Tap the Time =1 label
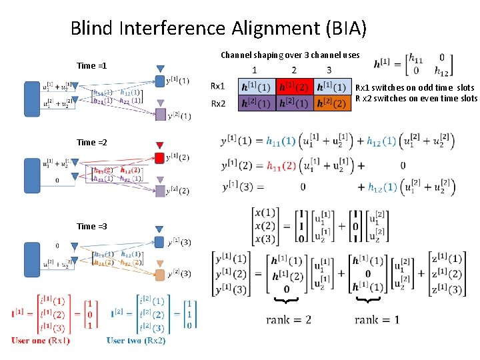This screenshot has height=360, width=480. pyautogui.click(x=91, y=66)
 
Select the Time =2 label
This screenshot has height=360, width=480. pyautogui.click(x=91, y=143)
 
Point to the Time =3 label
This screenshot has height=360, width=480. pyautogui.click(x=91, y=227)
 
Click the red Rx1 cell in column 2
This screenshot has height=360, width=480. pyautogui.click(x=294, y=87)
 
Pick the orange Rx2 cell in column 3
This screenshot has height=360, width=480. pyautogui.click(x=330, y=103)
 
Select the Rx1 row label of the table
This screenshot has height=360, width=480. pyautogui.click(x=217, y=87)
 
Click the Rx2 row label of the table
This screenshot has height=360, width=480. pyautogui.click(x=217, y=103)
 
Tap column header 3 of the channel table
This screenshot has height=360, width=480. pyautogui.click(x=329, y=70)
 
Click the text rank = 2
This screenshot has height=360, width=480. pyautogui.click(x=288, y=320)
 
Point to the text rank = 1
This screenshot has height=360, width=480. pyautogui.click(x=377, y=320)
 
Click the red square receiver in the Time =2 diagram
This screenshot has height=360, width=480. pyautogui.click(x=159, y=158)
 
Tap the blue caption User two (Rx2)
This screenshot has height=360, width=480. pyautogui.click(x=136, y=341)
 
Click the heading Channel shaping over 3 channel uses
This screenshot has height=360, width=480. pyautogui.click(x=290, y=55)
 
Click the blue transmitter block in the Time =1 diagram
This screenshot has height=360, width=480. pyautogui.click(x=32, y=99)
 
